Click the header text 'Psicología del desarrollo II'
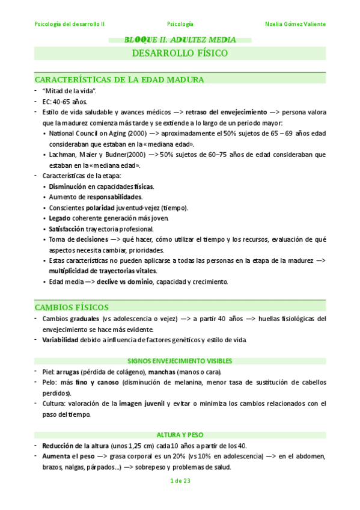click(x=70, y=24)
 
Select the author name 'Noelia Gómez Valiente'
click(x=295, y=24)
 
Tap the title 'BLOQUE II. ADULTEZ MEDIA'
click(x=180, y=40)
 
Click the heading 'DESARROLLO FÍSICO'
click(x=180, y=54)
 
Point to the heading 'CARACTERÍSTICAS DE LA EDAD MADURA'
click(x=120, y=79)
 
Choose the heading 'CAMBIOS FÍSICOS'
click(x=72, y=307)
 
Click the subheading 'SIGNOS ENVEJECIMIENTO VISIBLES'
click(x=180, y=361)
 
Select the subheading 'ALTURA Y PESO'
click(x=180, y=434)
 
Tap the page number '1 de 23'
click(x=180, y=481)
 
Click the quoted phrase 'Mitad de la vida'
click(x=70, y=90)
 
